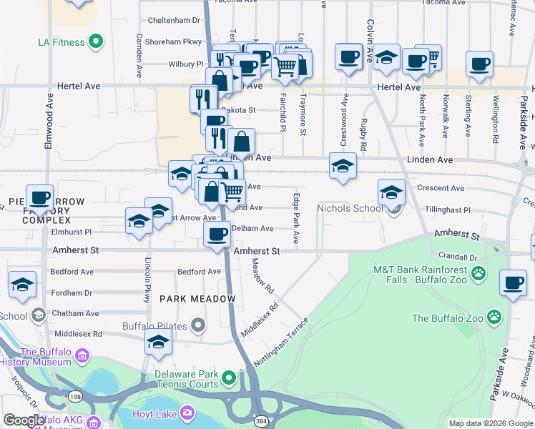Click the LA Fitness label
(x=61, y=42)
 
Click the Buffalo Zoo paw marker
(x=494, y=316)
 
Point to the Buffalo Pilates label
(x=157, y=326)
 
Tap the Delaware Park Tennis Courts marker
(x=228, y=377)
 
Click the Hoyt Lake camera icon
(x=187, y=413)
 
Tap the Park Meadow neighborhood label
(x=197, y=299)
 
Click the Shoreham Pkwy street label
(x=173, y=42)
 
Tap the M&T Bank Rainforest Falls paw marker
(x=478, y=272)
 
